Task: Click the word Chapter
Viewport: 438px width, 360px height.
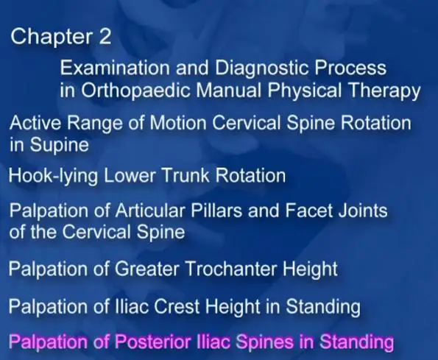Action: click(52, 37)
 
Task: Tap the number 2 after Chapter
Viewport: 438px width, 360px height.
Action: click(105, 36)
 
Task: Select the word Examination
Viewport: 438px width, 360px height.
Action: click(115, 68)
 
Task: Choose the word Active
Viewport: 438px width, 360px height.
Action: click(35, 123)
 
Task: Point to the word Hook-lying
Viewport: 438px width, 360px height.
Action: click(53, 177)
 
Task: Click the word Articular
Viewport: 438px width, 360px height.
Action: click(150, 211)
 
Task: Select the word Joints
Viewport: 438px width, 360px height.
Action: click(363, 211)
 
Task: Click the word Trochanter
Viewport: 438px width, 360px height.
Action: click(230, 269)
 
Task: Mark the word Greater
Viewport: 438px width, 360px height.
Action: click(146, 269)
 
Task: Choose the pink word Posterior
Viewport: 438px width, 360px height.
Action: click(152, 342)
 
